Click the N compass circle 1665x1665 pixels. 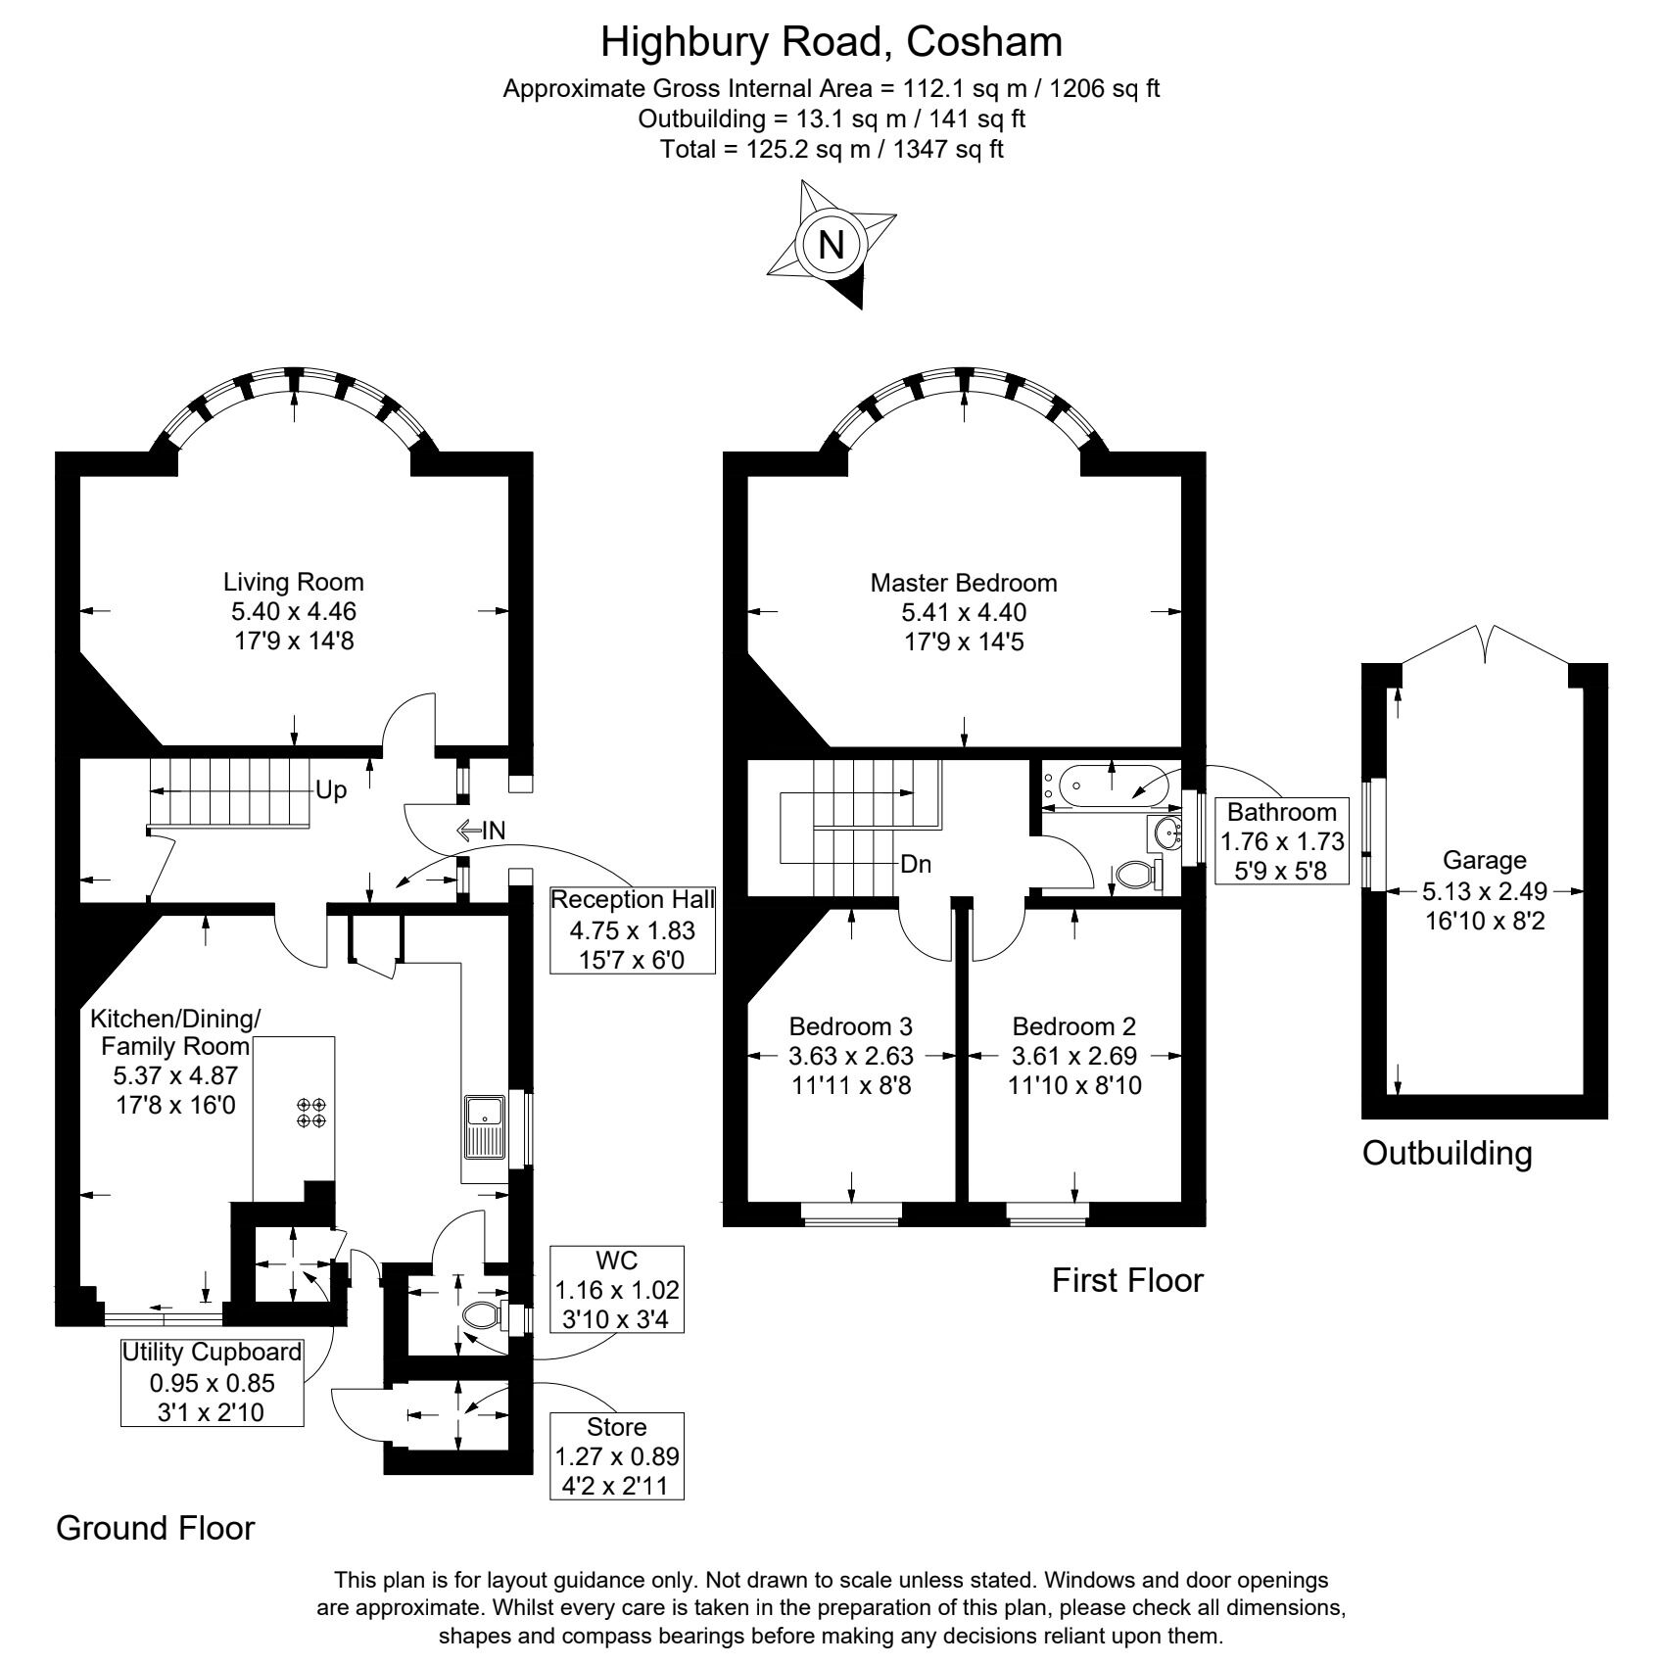click(x=832, y=243)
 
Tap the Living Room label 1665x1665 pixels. click(x=293, y=583)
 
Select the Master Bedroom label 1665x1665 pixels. click(x=964, y=584)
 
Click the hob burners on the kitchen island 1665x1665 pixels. click(x=311, y=1113)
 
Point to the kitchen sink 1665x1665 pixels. click(x=485, y=1126)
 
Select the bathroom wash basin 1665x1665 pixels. click(x=1167, y=833)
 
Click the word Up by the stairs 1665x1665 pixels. click(x=331, y=790)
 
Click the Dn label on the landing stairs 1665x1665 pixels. click(x=916, y=865)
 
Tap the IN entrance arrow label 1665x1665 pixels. click(x=481, y=832)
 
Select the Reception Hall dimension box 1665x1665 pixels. click(x=633, y=928)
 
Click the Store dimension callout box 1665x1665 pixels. click(x=617, y=1455)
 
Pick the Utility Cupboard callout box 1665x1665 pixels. click(x=212, y=1382)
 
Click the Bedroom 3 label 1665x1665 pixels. click(x=850, y=1026)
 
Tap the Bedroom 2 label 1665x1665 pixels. click(x=1073, y=1026)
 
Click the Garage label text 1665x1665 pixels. click(x=1484, y=861)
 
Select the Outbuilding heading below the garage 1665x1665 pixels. click(x=1447, y=1154)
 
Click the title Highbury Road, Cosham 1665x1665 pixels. click(x=831, y=42)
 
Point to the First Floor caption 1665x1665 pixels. click(x=1126, y=1280)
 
